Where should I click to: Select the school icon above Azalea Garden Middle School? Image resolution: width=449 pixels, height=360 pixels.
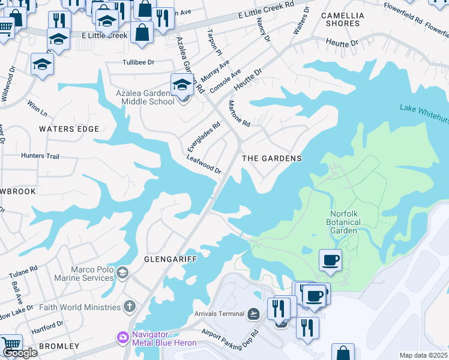tap(182, 85)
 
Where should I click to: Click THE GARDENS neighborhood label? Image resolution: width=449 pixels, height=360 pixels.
tap(271, 158)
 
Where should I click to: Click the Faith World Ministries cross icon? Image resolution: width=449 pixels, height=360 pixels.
tap(129, 307)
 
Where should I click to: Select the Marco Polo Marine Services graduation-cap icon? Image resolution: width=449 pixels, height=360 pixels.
tap(123, 274)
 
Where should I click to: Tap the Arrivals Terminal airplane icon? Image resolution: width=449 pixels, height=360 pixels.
tap(254, 314)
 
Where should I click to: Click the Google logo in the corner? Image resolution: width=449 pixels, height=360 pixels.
tap(20, 353)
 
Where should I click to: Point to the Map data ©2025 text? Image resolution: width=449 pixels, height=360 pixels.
tap(423, 355)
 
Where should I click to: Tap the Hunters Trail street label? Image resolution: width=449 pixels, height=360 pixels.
tap(40, 156)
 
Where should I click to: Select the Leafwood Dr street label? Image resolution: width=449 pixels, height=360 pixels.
tap(204, 164)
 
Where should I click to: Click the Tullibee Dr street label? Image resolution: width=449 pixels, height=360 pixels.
tap(138, 62)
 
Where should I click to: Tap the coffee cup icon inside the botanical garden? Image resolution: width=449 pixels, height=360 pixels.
tap(330, 260)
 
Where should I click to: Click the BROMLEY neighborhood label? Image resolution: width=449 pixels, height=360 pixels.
tap(59, 346)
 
